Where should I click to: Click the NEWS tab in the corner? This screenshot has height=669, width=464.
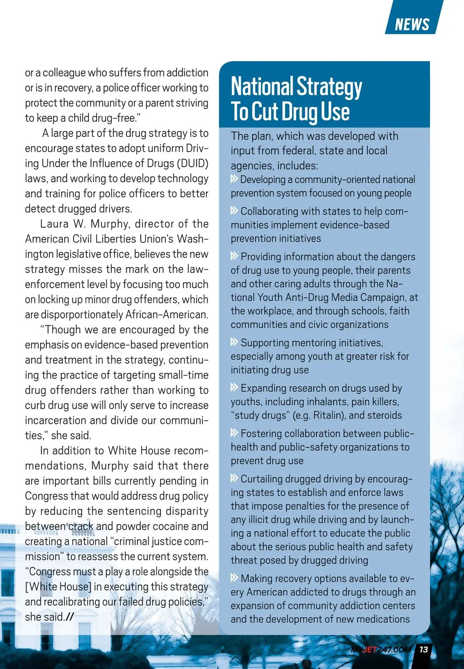click(x=412, y=24)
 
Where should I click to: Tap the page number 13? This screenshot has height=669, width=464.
click(x=424, y=649)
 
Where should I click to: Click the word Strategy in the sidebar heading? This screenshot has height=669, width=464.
click(x=329, y=87)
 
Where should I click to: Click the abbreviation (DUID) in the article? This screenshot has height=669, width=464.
click(x=193, y=163)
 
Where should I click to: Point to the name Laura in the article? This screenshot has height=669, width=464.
click(x=55, y=224)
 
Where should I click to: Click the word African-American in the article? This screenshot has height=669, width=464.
click(x=167, y=315)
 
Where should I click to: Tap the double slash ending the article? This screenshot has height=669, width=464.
click(x=70, y=617)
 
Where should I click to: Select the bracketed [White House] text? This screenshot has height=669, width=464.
click(x=58, y=587)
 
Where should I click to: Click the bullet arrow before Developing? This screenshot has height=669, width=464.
click(x=234, y=179)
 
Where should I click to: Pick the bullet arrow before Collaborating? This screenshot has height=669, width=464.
click(x=234, y=211)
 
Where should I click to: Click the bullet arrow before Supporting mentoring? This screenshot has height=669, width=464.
click(x=234, y=342)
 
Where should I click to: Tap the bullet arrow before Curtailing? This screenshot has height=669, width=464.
click(x=234, y=478)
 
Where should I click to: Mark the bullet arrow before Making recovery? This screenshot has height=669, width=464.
click(x=234, y=578)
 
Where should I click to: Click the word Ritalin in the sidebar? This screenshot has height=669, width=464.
click(x=328, y=415)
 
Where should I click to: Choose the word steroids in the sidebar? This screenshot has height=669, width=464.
click(x=385, y=415)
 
